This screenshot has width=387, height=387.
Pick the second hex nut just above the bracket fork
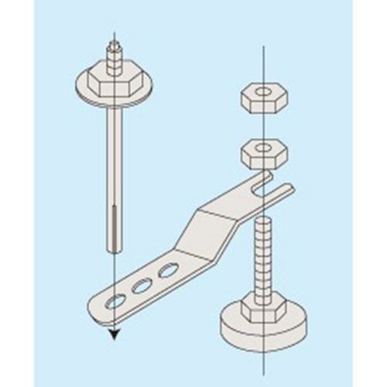click(264, 152)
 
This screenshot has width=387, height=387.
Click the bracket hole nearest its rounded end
click(118, 300)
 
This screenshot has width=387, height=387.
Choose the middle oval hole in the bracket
click(142, 286)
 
